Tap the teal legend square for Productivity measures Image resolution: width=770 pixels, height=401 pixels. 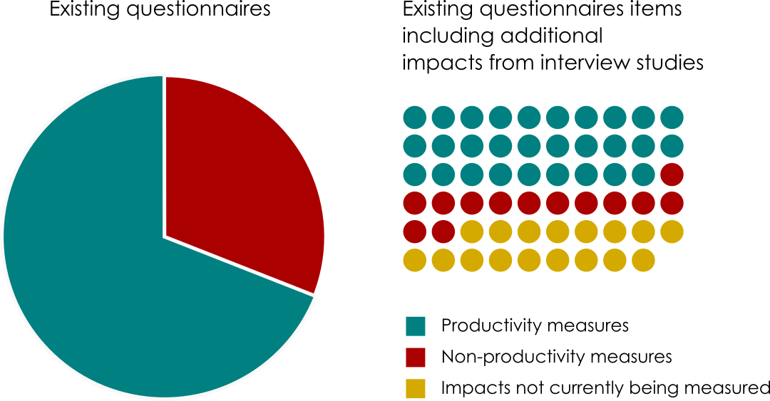tap(415, 326)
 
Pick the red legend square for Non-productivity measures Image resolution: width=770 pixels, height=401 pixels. tap(415, 357)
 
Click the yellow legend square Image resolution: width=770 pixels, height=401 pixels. tap(415, 388)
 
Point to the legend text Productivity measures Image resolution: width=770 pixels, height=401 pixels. tap(535, 326)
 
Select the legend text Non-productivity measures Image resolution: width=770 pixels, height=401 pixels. tap(557, 356)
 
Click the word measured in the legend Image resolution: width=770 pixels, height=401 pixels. tap(734, 388)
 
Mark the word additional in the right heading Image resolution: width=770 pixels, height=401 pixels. tap(556, 36)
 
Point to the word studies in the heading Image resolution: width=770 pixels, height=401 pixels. tap(669, 63)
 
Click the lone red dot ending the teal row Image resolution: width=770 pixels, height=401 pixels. tap(672, 174)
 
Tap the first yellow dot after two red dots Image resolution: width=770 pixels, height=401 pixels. tap(472, 231)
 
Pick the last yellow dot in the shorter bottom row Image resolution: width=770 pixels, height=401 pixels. tap(643, 260)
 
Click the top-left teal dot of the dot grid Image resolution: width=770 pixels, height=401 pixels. tap(415, 117)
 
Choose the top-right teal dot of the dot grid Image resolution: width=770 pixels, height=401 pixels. tap(672, 117)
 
